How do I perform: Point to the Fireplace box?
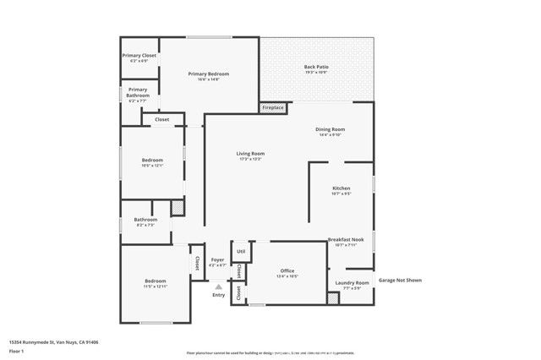click(x=273, y=108)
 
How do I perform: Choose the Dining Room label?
click(x=331, y=131)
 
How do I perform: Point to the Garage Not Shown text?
click(x=399, y=280)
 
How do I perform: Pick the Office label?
click(x=287, y=272)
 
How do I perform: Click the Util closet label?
click(x=241, y=251)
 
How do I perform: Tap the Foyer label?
click(x=217, y=261)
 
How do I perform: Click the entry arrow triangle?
click(x=217, y=286)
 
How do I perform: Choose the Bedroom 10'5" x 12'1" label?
click(x=152, y=161)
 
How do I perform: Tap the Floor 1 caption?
click(x=16, y=350)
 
